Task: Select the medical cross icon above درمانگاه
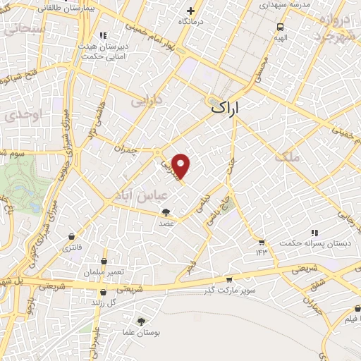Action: click(x=190, y=11)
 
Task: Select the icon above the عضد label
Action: click(x=166, y=212)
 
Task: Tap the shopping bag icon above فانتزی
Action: click(x=71, y=236)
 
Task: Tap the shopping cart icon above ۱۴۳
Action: click(x=262, y=242)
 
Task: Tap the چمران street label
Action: click(x=124, y=147)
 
